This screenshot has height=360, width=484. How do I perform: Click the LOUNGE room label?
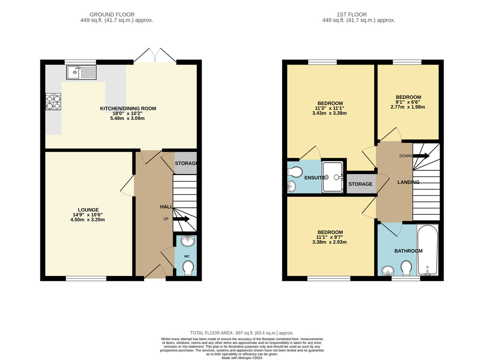pyautogui.click(x=89, y=210)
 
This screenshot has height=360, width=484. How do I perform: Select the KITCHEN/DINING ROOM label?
pyautogui.click(x=128, y=109)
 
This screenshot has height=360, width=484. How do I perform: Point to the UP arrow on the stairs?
pyautogui.click(x=181, y=219)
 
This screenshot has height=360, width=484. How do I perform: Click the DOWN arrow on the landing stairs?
pyautogui.click(x=421, y=156)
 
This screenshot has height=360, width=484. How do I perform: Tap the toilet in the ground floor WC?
pyautogui.click(x=188, y=268)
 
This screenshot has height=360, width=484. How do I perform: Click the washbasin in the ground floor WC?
pyautogui.click(x=188, y=241)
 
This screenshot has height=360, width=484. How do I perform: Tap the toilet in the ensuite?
pyautogui.click(x=295, y=172)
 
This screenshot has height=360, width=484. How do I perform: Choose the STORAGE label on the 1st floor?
pyautogui.click(x=360, y=184)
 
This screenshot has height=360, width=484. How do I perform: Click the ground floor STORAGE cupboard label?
pyautogui.click(x=186, y=163)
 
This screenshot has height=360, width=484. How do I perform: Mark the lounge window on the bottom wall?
pyautogui.click(x=86, y=278)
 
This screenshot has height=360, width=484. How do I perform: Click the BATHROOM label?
pyautogui.click(x=408, y=251)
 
